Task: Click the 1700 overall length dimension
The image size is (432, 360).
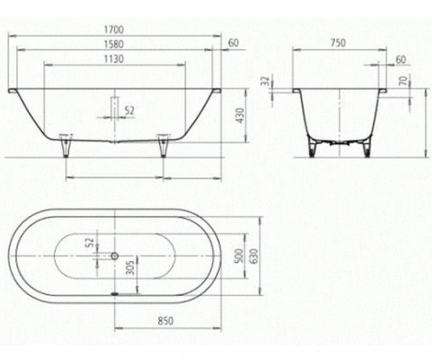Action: pos(114,29)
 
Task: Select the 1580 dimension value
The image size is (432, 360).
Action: pos(114,43)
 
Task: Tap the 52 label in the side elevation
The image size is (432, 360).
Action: pos(130,110)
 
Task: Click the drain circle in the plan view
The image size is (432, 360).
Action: pos(114,256)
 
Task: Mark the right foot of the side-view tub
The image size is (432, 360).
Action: pos(160,147)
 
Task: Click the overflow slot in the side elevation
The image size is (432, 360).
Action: pos(114,105)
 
